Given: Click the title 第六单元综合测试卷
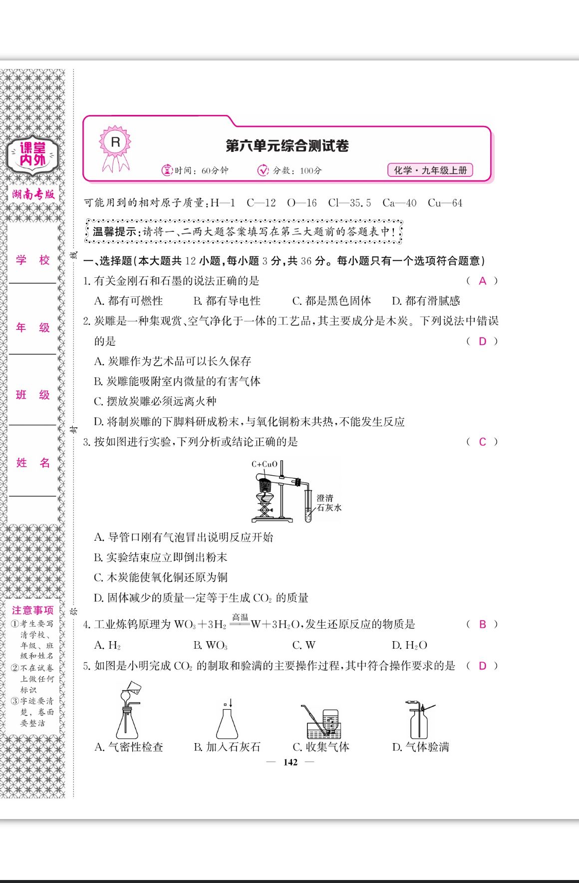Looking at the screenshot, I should (287, 146).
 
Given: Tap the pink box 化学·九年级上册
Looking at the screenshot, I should (430, 170).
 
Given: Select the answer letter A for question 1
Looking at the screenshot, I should (482, 281).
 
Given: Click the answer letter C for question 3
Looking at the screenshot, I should (482, 442).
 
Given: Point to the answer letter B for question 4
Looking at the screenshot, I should (482, 624).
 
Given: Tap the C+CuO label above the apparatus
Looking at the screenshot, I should (264, 464).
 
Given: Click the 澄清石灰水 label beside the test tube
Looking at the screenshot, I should (329, 503).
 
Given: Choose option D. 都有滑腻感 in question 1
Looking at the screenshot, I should (426, 301).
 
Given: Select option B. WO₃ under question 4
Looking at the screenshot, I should (210, 645).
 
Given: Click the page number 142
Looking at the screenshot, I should (290, 762).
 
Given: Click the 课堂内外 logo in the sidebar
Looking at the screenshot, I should (32, 154).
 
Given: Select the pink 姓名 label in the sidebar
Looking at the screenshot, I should (33, 463).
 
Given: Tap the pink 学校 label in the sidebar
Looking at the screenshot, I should (33, 260).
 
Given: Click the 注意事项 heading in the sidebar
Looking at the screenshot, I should (32, 610).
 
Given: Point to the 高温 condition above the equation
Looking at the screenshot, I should (240, 618).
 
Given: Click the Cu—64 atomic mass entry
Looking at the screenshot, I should (445, 203).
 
